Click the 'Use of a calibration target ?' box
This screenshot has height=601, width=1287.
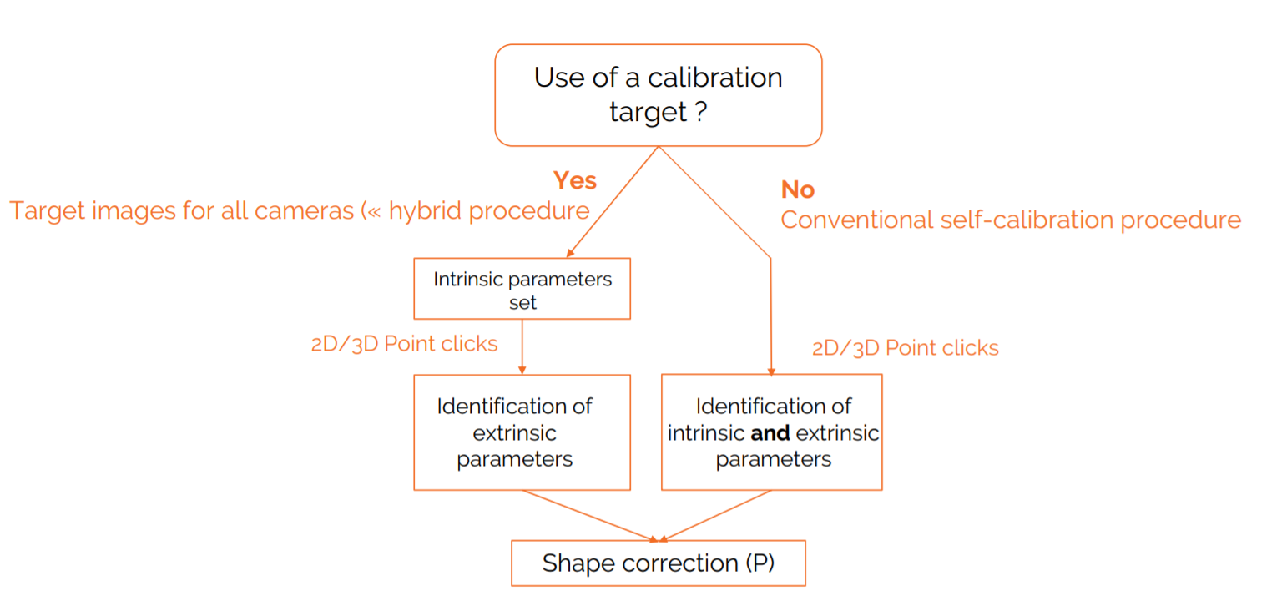coord(658,95)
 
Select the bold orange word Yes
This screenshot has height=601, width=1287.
coord(574,180)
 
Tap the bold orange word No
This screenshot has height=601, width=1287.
coord(797,189)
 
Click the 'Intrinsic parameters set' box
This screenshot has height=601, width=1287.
coord(522,289)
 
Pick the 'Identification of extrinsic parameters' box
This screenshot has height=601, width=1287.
coord(522,432)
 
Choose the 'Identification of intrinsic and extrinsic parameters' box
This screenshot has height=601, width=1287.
coord(771,432)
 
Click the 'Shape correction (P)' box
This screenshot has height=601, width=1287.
coord(658,563)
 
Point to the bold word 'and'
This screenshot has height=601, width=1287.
coord(770,433)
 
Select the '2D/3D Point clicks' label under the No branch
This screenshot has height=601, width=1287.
coord(905,347)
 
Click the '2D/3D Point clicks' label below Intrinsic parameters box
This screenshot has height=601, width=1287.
coord(404,344)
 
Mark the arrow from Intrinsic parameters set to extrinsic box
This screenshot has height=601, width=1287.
coord(522,346)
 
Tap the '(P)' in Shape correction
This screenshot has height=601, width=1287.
coord(759,563)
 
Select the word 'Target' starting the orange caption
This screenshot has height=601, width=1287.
coord(42,211)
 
